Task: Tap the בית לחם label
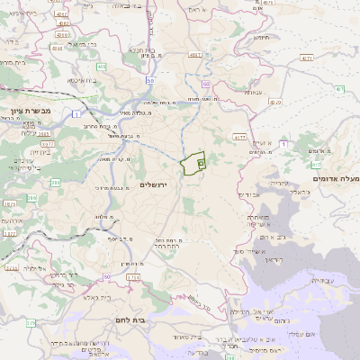pyautogui.click(x=130, y=319)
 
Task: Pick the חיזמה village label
pyautogui.click(x=262, y=39)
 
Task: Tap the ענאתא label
pyautogui.click(x=253, y=93)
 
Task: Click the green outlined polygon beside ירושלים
pyautogui.click(x=192, y=164)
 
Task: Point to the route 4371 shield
pyautogui.click(x=307, y=57)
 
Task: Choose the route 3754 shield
pyautogui.click(x=133, y=277)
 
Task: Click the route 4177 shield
pyautogui.click(x=238, y=137)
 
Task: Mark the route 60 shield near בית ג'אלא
pyautogui.click(x=106, y=277)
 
